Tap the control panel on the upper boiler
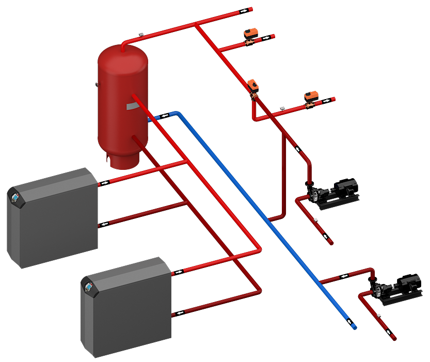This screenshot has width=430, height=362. (x=15, y=197)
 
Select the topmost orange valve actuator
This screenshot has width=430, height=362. (x=251, y=32)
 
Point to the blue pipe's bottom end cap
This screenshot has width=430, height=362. (x=354, y=327)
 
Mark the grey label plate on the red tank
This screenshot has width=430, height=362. (x=133, y=105)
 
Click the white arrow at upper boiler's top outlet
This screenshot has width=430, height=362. (x=105, y=182)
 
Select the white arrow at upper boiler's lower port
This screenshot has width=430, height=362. (x=105, y=224)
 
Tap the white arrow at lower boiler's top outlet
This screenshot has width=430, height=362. (x=179, y=271)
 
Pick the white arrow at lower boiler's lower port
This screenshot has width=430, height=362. (x=179, y=312)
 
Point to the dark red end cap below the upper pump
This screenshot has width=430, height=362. (x=330, y=242)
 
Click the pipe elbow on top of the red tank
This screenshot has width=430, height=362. (x=123, y=45)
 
